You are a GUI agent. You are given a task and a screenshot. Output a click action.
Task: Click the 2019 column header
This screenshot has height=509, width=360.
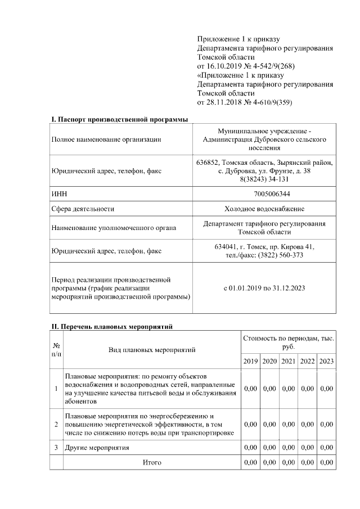[x=250, y=361]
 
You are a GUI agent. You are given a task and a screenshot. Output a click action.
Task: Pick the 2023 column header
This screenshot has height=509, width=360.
[x=326, y=361]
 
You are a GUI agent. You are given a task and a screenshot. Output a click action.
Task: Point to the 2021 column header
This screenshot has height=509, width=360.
[x=289, y=361]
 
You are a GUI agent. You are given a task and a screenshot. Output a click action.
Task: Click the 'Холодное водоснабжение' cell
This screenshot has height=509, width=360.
[x=264, y=209]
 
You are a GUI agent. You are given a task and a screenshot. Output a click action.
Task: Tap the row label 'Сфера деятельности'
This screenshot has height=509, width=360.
[x=82, y=209]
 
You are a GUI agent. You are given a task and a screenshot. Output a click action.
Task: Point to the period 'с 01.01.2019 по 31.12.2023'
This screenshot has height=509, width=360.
[x=264, y=288]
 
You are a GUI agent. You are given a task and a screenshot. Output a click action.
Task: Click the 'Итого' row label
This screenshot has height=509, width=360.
[x=152, y=462]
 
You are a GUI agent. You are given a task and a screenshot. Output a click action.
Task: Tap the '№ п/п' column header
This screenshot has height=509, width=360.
[x=56, y=349]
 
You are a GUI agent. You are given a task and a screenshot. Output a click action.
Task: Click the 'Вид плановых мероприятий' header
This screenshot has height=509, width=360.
[x=152, y=349]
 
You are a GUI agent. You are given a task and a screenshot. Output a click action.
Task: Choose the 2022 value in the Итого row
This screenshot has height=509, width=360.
[x=308, y=462]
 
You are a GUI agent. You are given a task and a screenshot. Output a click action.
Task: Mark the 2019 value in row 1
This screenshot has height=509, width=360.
[x=250, y=389]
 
